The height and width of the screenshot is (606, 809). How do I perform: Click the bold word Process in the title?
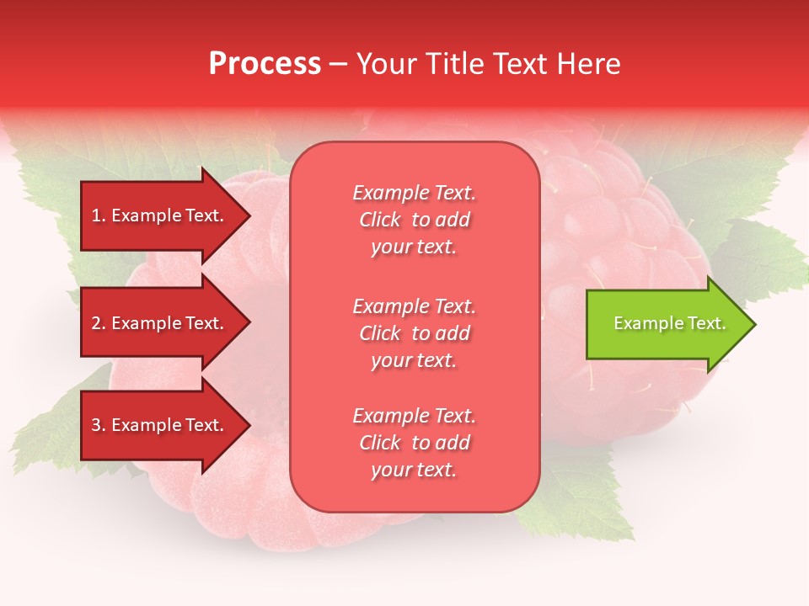265,64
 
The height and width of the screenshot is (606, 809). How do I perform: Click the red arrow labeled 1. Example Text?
160,215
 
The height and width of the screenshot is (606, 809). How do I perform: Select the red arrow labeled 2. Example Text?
160,323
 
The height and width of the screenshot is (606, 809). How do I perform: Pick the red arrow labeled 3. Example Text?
160,425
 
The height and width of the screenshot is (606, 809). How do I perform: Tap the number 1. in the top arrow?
99,215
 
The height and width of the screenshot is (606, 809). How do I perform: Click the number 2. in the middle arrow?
99,323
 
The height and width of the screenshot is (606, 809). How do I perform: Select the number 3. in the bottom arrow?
99,425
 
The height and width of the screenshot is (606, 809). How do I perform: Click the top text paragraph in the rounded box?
414,220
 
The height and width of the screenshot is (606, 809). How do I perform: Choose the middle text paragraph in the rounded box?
414,333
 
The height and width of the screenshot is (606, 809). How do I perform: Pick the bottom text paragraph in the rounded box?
414,443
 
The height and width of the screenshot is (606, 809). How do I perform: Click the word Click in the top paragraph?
380,220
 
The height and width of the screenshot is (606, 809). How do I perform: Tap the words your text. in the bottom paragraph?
414,470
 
